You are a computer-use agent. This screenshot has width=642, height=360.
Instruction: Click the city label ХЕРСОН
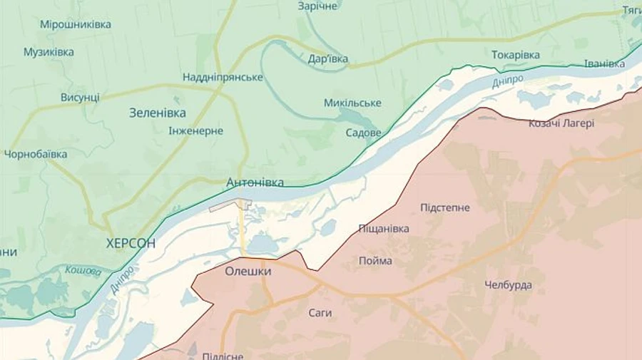[x=131, y=243]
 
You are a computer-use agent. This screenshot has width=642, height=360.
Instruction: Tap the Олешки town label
[x=248, y=271]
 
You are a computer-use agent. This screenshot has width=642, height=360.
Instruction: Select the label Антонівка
[x=255, y=182]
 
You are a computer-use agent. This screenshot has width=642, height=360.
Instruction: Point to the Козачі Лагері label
[x=561, y=123]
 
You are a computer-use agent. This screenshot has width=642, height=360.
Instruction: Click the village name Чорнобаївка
[x=36, y=154]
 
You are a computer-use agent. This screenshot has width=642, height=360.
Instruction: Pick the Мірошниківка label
[x=76, y=24]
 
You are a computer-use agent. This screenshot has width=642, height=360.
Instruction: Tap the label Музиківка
[x=49, y=52]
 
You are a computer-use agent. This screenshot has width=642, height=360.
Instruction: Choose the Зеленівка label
[x=158, y=113]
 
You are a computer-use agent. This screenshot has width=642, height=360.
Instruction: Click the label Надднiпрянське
[x=223, y=77]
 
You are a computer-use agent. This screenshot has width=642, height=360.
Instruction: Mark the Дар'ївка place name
[x=328, y=58]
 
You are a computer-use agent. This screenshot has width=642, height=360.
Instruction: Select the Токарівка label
[x=516, y=55]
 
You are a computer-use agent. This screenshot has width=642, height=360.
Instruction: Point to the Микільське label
[x=352, y=103]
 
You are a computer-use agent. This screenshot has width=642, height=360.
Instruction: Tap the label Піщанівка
[x=384, y=228]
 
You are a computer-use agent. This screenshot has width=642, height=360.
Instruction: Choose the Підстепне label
[x=445, y=207]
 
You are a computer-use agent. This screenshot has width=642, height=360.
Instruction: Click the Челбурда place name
[x=508, y=285]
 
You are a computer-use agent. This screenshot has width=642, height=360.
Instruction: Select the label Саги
[x=320, y=312]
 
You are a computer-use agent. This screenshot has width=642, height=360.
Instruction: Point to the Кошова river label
[x=83, y=269]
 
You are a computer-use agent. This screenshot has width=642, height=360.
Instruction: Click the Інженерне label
[x=196, y=131]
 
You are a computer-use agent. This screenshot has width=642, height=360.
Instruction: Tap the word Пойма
[x=375, y=260]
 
